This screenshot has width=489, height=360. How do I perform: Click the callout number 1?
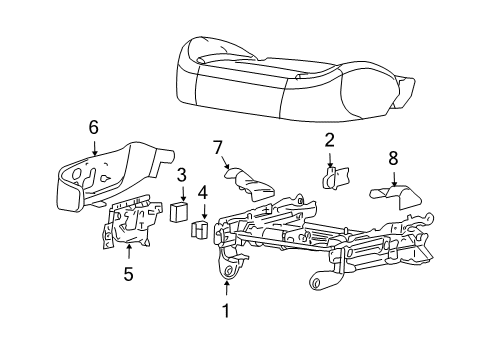[x=226, y=311]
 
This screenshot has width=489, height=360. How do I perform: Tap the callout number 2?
[x=329, y=141]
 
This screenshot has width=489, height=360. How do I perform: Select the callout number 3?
[x=182, y=175]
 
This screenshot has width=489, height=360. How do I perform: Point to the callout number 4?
[x=203, y=191]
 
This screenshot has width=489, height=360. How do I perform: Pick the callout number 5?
[x=128, y=272]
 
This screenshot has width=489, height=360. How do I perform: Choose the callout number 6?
[x=93, y=126]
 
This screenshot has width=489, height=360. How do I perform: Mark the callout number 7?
[x=217, y=148]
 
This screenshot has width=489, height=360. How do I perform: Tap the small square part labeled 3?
[x=180, y=211]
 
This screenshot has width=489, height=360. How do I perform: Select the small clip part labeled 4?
[x=198, y=231]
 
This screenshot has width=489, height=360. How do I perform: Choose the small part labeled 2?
[x=334, y=177]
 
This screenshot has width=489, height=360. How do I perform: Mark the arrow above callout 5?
[x=128, y=251]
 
